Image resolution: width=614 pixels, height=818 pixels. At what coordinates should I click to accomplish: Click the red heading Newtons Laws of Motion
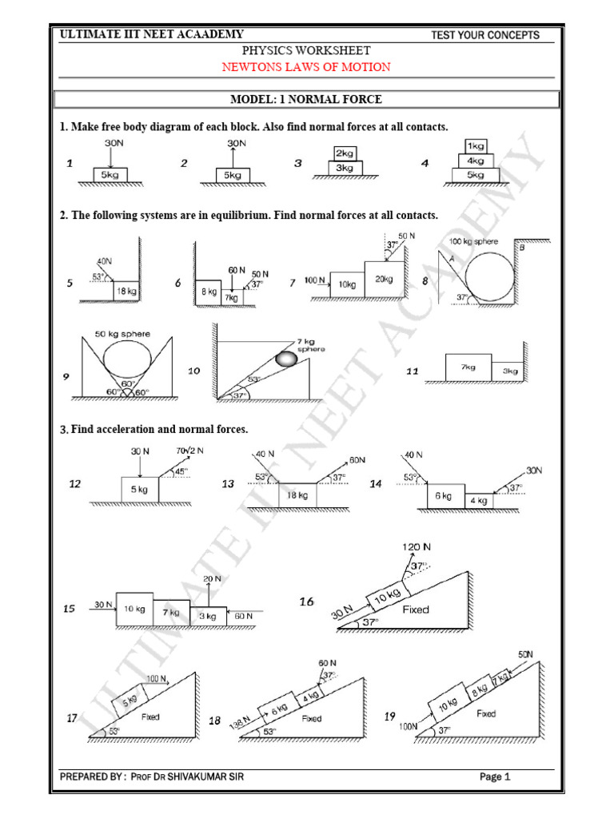click(x=306, y=67)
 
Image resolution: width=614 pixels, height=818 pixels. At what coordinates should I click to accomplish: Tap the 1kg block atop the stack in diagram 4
click(x=476, y=146)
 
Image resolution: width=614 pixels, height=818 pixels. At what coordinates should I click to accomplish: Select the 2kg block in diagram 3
click(x=345, y=153)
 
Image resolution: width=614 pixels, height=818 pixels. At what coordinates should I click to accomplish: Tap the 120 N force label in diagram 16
click(x=415, y=547)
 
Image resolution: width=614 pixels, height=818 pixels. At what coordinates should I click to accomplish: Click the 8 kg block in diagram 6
click(x=208, y=292)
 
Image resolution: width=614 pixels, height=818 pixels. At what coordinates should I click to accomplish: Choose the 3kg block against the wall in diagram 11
click(x=509, y=371)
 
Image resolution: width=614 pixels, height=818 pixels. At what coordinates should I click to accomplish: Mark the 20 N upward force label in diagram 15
click(x=212, y=578)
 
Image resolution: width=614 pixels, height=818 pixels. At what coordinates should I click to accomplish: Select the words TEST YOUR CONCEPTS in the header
click(x=484, y=35)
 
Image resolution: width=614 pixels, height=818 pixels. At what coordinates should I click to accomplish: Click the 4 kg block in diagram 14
click(x=477, y=501)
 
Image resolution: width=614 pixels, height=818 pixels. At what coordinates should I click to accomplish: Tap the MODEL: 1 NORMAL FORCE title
click(x=306, y=100)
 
